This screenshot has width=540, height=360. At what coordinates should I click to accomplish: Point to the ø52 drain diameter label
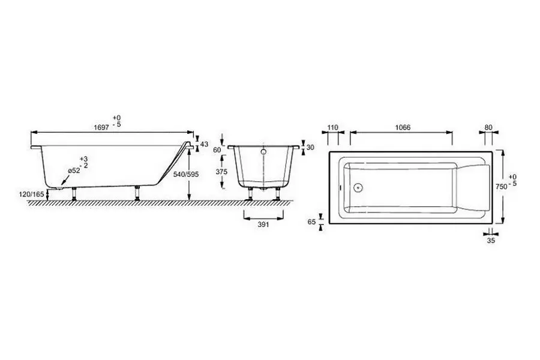(74, 171)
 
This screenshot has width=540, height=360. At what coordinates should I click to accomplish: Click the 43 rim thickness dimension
(204, 144)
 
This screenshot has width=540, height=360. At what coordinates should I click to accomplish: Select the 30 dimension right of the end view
(310, 148)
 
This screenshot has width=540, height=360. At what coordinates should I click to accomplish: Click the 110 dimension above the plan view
(334, 127)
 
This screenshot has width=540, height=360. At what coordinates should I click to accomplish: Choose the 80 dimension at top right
(488, 127)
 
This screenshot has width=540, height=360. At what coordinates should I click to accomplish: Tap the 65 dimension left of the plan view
(311, 221)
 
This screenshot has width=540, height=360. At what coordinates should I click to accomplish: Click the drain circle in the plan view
(359, 187)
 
